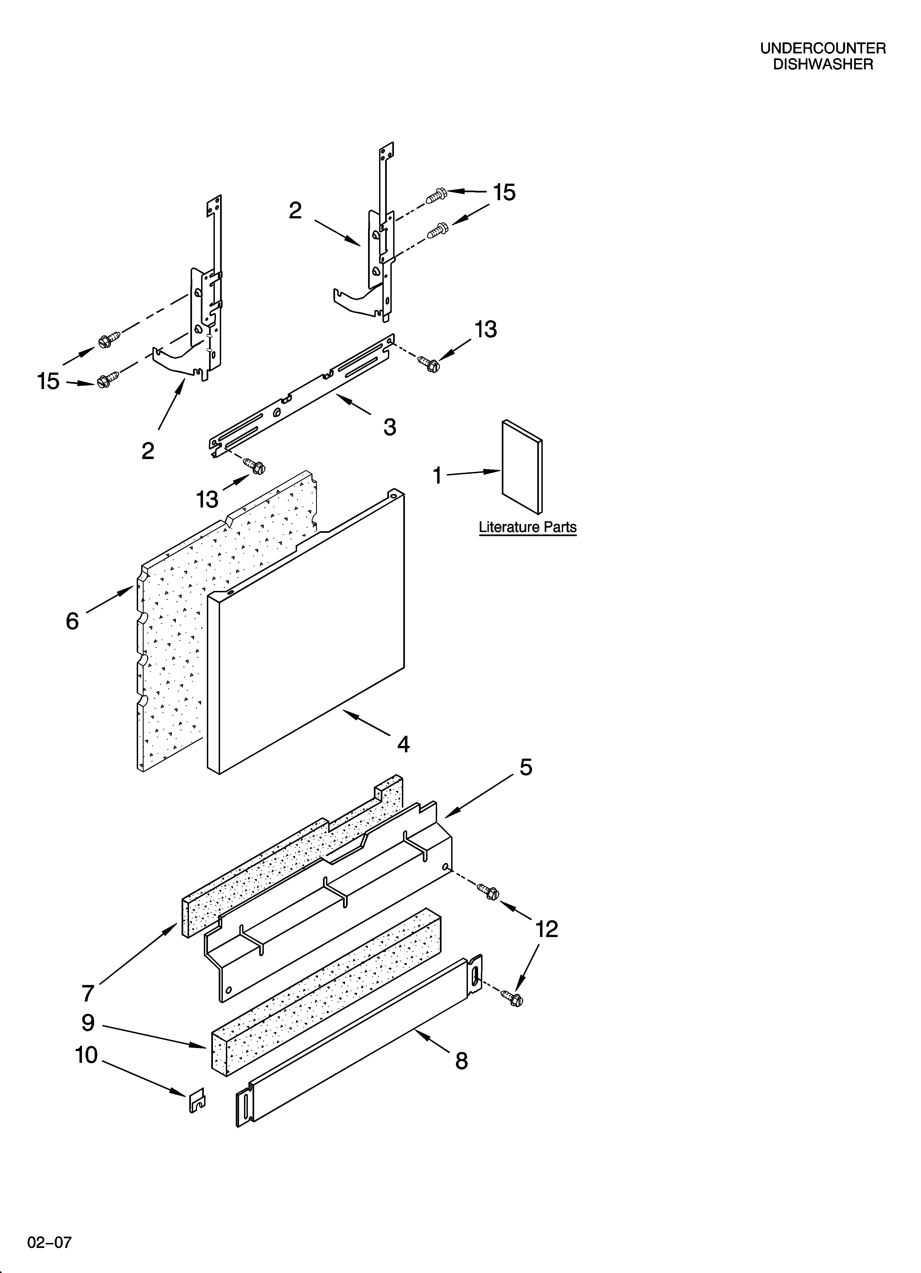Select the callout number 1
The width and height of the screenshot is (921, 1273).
[x=437, y=476]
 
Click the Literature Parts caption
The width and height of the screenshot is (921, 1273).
[x=527, y=528]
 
